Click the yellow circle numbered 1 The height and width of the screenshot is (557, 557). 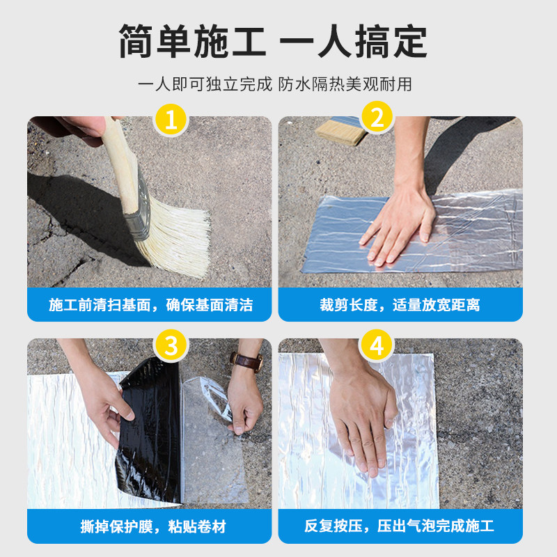tap(171, 120)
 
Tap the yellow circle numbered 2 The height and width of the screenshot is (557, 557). tap(377, 117)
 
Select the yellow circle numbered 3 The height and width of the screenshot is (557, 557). tap(171, 345)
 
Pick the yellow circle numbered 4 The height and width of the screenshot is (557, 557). tap(377, 345)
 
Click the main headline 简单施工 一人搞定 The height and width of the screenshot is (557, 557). tap(273, 41)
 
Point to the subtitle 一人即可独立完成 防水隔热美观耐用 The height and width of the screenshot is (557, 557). tap(275, 84)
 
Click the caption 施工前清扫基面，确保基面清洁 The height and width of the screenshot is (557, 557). tap(150, 305)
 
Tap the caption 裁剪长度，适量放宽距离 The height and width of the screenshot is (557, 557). tap(400, 305)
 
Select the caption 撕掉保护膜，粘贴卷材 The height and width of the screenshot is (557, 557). tap(153, 526)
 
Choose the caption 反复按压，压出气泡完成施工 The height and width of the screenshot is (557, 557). tap(399, 526)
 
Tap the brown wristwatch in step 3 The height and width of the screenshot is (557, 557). tap(247, 361)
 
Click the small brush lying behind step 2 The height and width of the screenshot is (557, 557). tap(341, 132)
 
